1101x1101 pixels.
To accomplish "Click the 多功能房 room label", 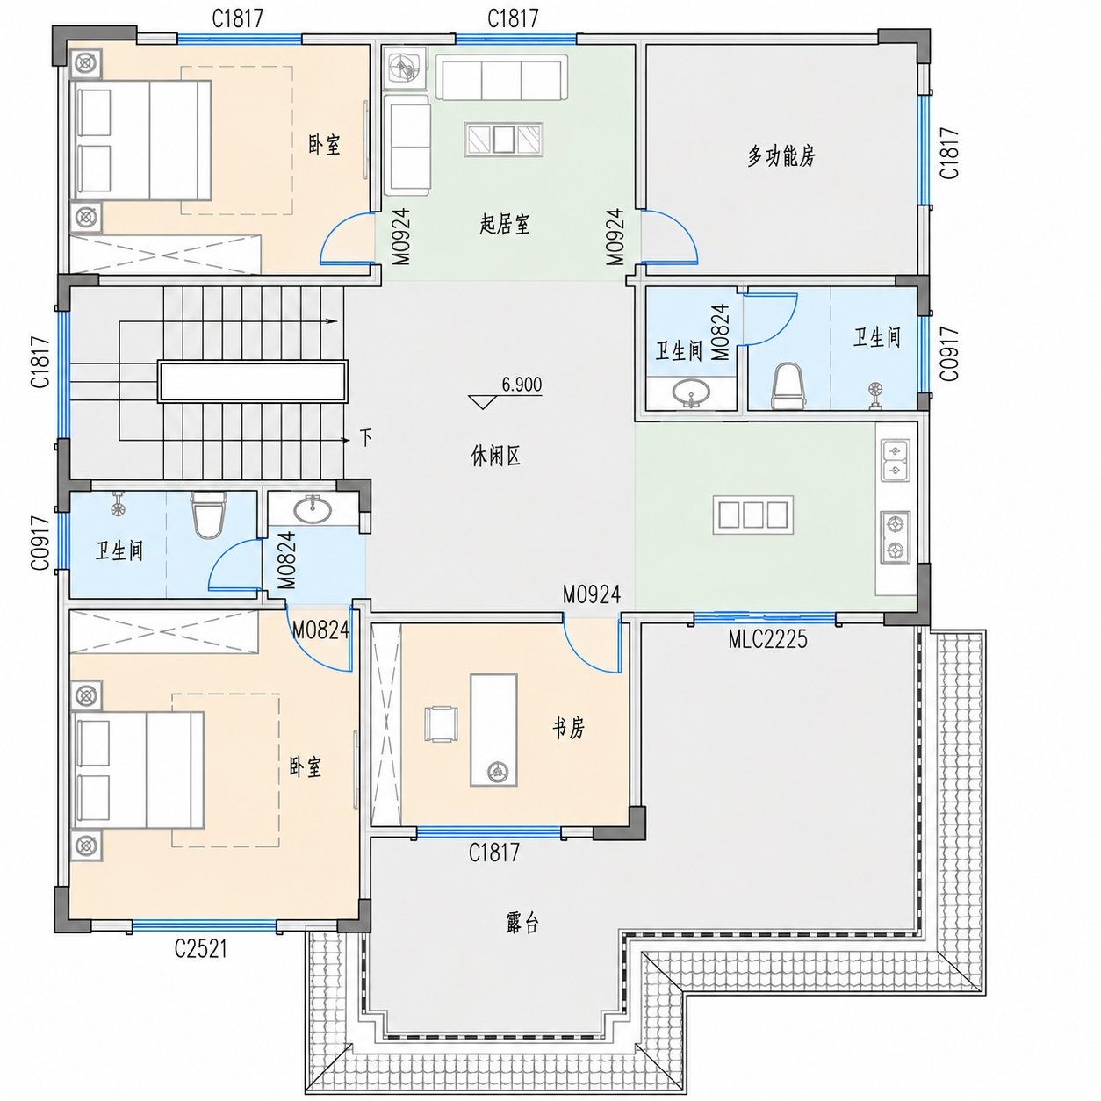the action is pyautogui.click(x=781, y=155).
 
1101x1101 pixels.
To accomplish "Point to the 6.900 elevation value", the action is pyautogui.click(x=522, y=385).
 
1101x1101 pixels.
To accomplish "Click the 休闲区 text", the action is pyautogui.click(x=495, y=456).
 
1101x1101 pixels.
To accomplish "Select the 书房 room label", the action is pyautogui.click(x=568, y=729).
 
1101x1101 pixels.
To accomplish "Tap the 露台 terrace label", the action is pyautogui.click(x=522, y=923).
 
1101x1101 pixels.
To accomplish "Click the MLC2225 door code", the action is pyautogui.click(x=768, y=639).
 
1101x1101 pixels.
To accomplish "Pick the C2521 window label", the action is pyautogui.click(x=200, y=949).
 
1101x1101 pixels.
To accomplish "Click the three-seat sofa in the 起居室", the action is pyautogui.click(x=501, y=78).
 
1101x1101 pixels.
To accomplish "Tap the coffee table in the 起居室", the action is pyautogui.click(x=503, y=139).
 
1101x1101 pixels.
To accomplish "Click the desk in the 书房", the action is pyautogui.click(x=493, y=730).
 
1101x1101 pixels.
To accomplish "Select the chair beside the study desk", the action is pyautogui.click(x=441, y=724).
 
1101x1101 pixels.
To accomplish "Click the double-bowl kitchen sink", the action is pyautogui.click(x=896, y=461).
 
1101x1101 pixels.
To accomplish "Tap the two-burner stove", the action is pyautogui.click(x=896, y=536).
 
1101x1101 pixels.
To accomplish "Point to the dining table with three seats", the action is pyautogui.click(x=753, y=515).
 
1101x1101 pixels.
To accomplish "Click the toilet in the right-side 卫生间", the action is pyautogui.click(x=788, y=386).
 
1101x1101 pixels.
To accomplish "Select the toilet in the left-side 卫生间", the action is pyautogui.click(x=207, y=515).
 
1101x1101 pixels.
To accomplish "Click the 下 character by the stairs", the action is pyautogui.click(x=366, y=437).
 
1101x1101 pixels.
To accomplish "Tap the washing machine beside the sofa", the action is pyautogui.click(x=405, y=68).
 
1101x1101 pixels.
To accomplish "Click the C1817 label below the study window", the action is pyautogui.click(x=494, y=853).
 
